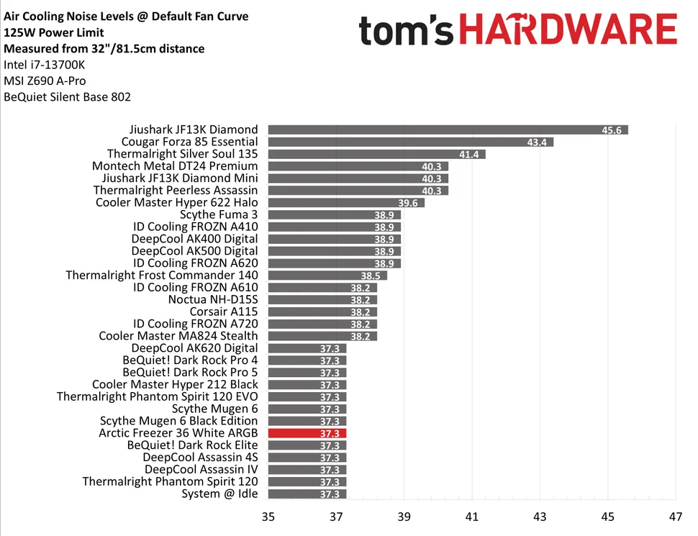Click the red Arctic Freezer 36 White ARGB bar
[x=307, y=433]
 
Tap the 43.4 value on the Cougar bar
[x=536, y=142]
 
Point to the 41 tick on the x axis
[x=471, y=517]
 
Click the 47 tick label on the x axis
[x=675, y=517]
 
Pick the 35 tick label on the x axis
[x=268, y=517]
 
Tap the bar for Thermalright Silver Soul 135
[x=376, y=154]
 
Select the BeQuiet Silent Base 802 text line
[x=67, y=96]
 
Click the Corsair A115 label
[x=223, y=312]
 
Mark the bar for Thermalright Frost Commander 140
[x=327, y=275]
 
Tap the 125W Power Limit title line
[x=53, y=32]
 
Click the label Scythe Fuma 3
[x=219, y=214]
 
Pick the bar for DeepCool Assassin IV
[x=307, y=469]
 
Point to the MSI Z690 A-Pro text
[x=44, y=81]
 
